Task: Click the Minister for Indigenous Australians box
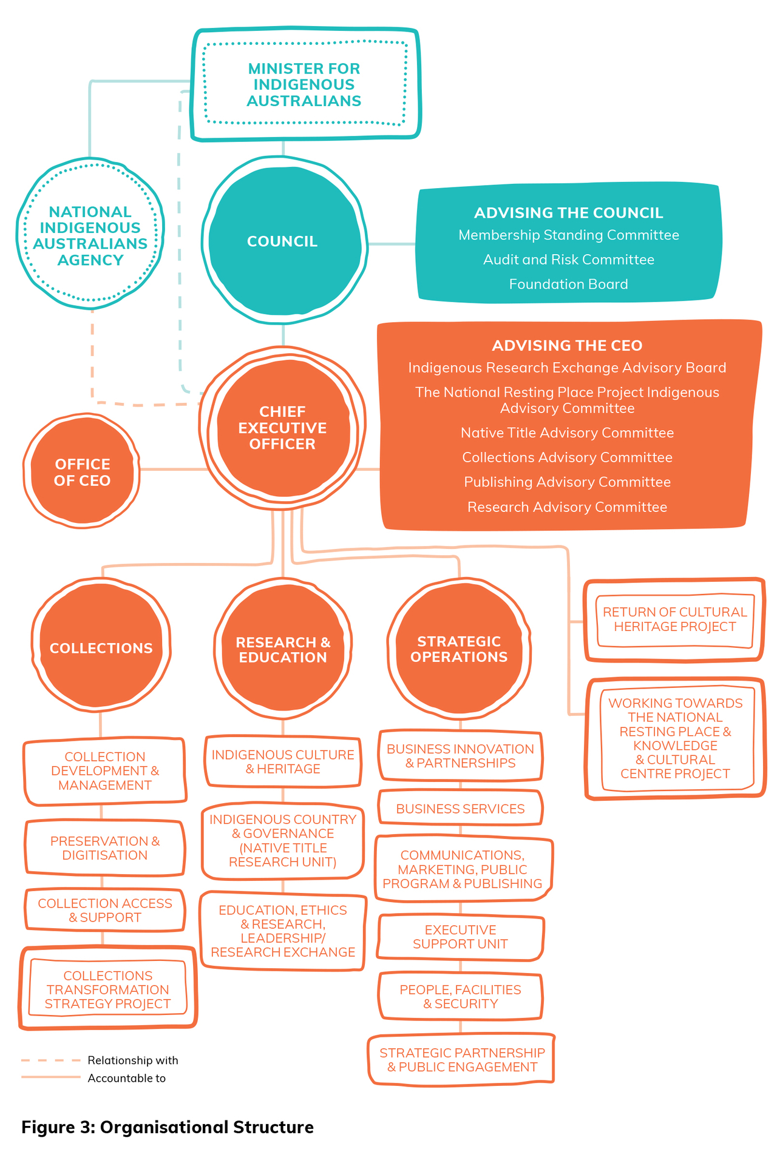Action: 304,85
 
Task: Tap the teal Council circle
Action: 282,241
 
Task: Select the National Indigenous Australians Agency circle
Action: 90,235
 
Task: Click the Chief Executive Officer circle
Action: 282,428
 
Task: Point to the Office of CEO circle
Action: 82,472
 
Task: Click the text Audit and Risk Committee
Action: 568,260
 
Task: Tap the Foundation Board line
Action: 568,284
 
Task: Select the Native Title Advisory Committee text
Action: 567,433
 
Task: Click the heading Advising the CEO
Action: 567,345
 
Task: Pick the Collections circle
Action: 101,648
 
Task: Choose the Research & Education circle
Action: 283,649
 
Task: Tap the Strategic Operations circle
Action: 459,649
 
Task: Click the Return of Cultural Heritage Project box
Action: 674,619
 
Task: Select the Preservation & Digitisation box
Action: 104,848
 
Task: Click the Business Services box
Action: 460,809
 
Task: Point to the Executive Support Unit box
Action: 460,937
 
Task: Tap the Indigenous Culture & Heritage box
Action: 283,761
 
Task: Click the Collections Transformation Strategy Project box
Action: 107,989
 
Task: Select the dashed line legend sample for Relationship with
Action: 50,1060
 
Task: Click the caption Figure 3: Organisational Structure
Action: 168,1127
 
